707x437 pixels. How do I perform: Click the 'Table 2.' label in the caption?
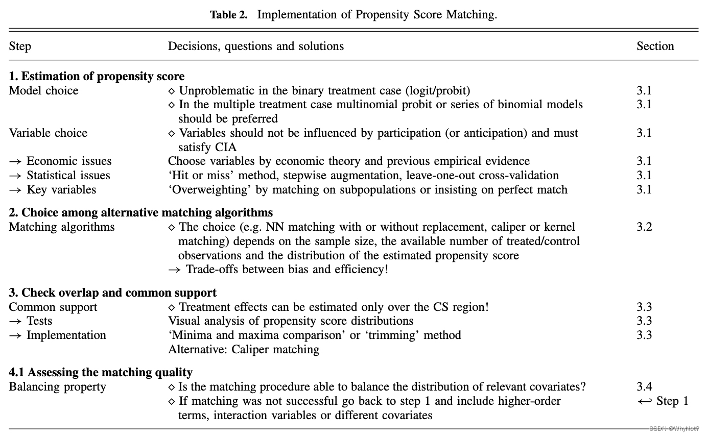tap(228, 14)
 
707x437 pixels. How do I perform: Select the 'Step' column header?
tap(20, 46)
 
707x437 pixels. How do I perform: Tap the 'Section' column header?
tap(655, 46)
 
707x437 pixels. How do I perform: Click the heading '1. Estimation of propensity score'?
tap(97, 77)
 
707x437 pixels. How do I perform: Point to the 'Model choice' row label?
tap(43, 91)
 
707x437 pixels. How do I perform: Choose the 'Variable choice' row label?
tap(48, 133)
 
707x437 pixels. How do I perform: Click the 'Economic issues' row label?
tap(68, 161)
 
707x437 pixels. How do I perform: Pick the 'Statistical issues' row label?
tap(68, 176)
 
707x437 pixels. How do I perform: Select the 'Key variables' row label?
tap(61, 190)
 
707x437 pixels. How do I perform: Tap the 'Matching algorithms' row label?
tap(62, 227)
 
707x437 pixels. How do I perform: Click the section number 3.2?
tap(644, 227)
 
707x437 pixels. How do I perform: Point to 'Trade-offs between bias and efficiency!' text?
tap(286, 270)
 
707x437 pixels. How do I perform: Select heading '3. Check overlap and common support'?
tap(112, 293)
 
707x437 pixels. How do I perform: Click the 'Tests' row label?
tap(39, 321)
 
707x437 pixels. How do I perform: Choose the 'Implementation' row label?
tap(66, 335)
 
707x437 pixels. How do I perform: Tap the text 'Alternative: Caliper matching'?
tap(244, 350)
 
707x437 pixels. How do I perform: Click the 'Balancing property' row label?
tap(57, 387)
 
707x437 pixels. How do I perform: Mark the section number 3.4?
tap(644, 387)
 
